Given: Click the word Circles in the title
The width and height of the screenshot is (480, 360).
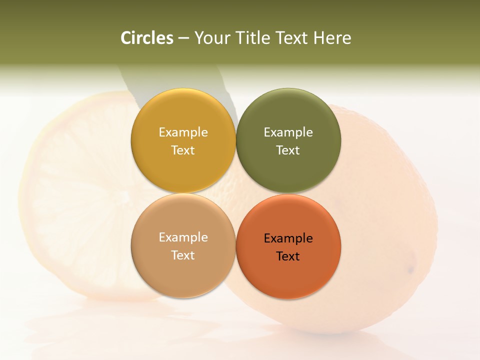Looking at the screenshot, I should [147, 38].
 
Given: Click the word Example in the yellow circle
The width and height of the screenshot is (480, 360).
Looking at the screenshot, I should [183, 132].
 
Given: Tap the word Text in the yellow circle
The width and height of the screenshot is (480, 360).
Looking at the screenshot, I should [183, 150].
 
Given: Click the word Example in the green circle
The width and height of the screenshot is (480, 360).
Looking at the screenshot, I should [288, 132].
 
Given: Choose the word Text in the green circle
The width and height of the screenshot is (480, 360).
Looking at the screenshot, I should [288, 150].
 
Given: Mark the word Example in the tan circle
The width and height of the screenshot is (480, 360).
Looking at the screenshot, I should [183, 237].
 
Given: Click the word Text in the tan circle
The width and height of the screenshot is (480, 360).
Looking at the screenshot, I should [183, 255].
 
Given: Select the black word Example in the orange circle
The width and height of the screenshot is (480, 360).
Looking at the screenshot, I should [288, 238].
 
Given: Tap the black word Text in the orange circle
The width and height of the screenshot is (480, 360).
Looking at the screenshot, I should [288, 256].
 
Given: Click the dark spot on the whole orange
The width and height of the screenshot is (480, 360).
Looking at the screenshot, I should [410, 270].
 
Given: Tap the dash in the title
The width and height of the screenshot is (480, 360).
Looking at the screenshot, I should [183, 38].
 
